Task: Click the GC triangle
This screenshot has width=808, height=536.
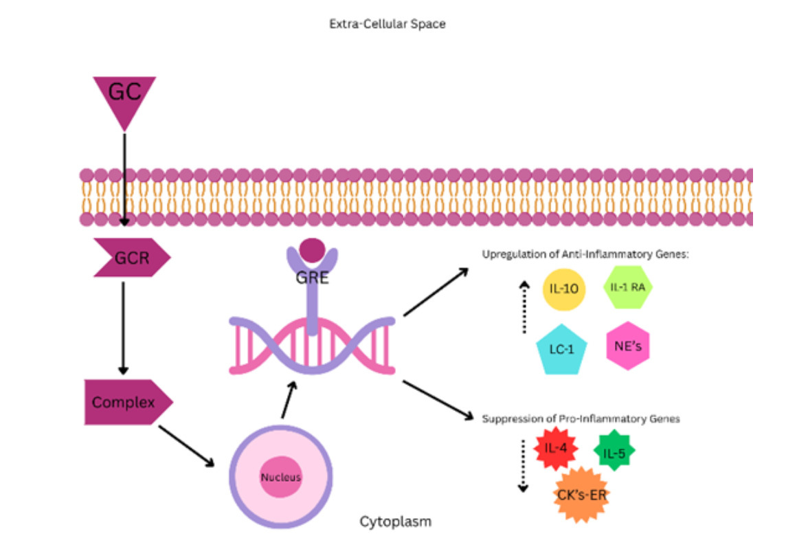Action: (124, 97)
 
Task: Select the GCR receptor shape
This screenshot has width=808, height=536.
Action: (131, 258)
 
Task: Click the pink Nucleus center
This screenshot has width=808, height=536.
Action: (280, 477)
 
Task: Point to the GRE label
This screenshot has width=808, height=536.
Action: (312, 279)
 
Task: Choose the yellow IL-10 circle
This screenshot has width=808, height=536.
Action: (563, 288)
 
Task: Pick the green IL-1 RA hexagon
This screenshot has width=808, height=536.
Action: (627, 287)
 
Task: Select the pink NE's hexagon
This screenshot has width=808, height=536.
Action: (627, 345)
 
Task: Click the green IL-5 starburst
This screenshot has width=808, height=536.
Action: (614, 451)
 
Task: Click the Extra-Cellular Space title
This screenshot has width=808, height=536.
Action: (388, 24)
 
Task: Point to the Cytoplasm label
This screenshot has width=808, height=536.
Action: (396, 522)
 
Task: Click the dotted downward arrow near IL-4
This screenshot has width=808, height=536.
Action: (523, 466)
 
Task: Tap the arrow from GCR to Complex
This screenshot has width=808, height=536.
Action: (124, 326)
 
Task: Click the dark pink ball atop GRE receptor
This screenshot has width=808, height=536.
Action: (313, 250)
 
